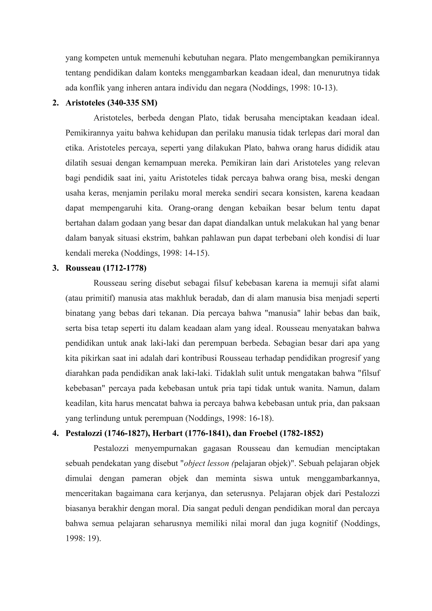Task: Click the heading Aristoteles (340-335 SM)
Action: pyautogui.click(x=111, y=103)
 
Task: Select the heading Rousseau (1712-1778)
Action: pyautogui.click(x=106, y=268)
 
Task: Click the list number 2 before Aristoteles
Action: pyautogui.click(x=55, y=103)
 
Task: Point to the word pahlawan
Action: pyautogui.click(x=219, y=238)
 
